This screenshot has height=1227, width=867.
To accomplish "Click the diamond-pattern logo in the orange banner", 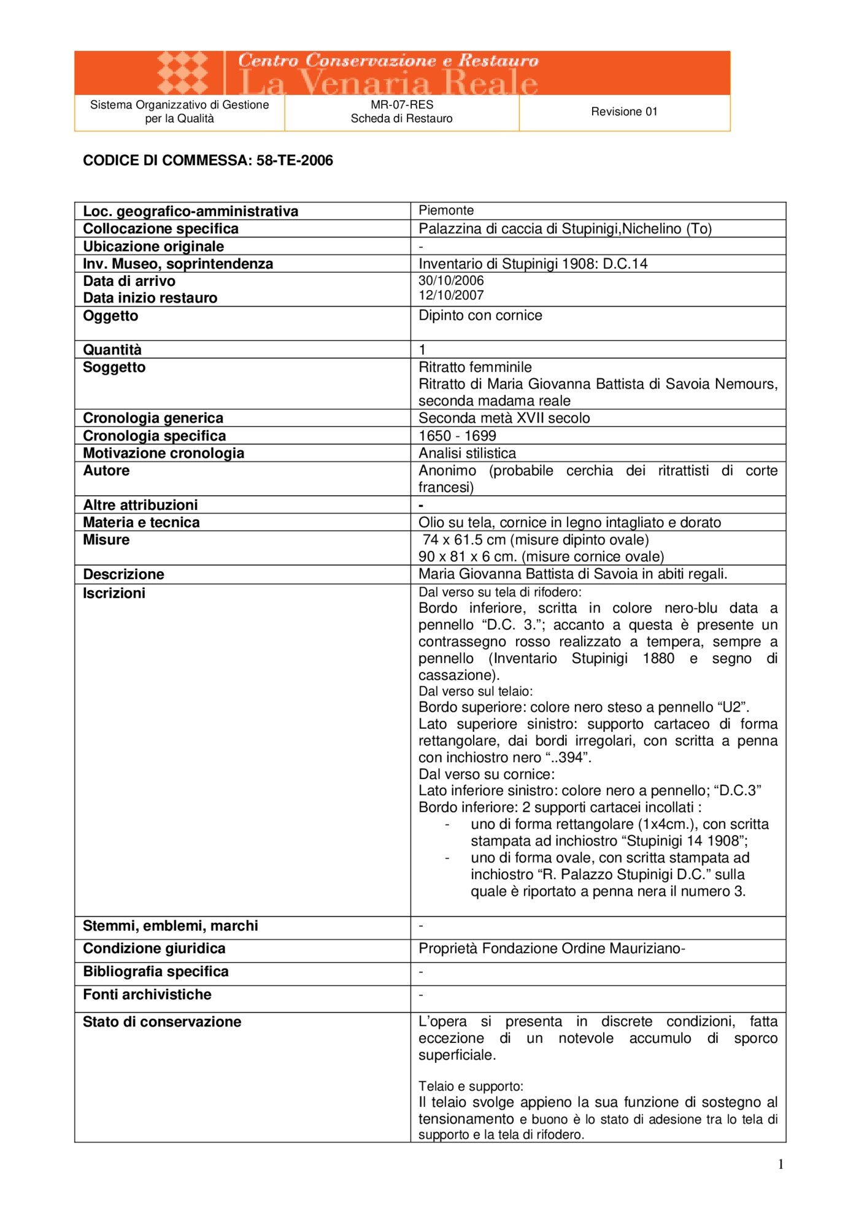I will tap(182, 72).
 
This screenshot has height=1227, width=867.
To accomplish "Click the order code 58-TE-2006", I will tap(295, 161).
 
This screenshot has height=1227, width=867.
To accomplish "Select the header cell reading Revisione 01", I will tap(624, 112).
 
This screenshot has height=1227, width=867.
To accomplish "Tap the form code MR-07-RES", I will tap(402, 105).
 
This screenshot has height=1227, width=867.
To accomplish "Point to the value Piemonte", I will tap(446, 210).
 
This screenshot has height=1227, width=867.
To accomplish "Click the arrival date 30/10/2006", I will tap(451, 280).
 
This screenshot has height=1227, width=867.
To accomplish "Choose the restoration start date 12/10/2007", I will tap(451, 295).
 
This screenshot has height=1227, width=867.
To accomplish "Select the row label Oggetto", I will tap(110, 316).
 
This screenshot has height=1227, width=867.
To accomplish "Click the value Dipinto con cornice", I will tap(480, 315).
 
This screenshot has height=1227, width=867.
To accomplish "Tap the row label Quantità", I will tap(112, 350).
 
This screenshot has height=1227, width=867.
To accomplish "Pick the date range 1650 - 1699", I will tap(457, 436).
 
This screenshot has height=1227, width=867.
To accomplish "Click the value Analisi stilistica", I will tap(467, 453).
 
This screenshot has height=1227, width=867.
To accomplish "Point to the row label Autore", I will tap(106, 471).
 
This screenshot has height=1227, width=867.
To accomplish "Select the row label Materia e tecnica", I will tap(141, 522).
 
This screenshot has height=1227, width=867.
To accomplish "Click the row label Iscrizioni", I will tap(114, 593).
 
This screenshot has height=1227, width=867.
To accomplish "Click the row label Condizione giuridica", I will tap(154, 948).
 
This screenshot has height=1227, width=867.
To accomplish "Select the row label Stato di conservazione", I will tap(162, 1021).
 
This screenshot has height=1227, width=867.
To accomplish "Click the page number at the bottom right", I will tap(780, 1164).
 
